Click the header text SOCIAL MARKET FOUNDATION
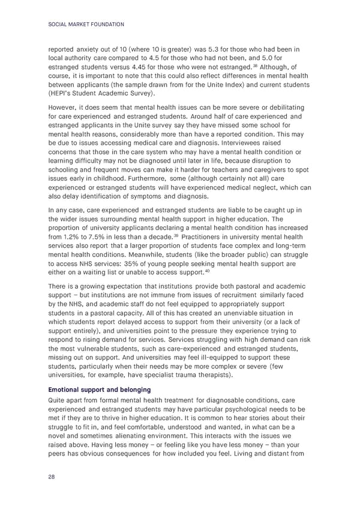pos(85,24)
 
